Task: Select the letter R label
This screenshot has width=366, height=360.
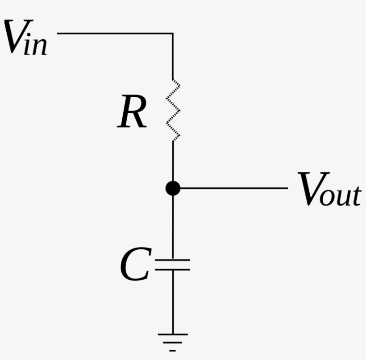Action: click(133, 114)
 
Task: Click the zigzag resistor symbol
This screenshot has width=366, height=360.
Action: click(173, 110)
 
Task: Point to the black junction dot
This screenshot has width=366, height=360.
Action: click(173, 188)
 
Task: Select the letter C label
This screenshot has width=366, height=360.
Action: click(135, 266)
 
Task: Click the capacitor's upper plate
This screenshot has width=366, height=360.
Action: click(173, 259)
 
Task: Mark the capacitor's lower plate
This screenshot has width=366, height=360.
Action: click(173, 270)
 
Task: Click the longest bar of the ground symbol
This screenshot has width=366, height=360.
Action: click(173, 334)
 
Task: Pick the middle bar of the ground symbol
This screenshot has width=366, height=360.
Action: click(173, 343)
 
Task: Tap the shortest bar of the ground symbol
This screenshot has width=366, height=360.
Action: click(173, 351)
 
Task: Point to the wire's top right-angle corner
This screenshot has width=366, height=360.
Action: click(173, 33)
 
